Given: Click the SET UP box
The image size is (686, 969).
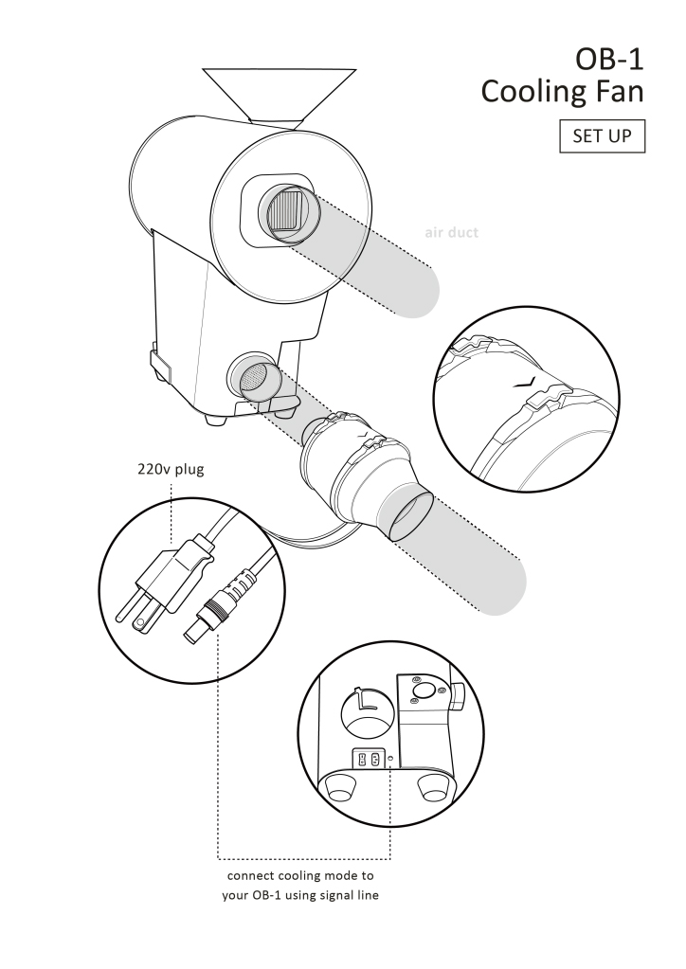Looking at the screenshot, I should point(602,136).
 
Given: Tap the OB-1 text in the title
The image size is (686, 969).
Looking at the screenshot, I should point(609,60).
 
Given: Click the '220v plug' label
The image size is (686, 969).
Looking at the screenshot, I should point(171,469).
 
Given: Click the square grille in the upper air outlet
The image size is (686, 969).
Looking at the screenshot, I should point(285,215).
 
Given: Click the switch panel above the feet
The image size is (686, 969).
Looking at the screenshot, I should point(369,759).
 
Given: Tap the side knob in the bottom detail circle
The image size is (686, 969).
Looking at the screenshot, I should point(459,699).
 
